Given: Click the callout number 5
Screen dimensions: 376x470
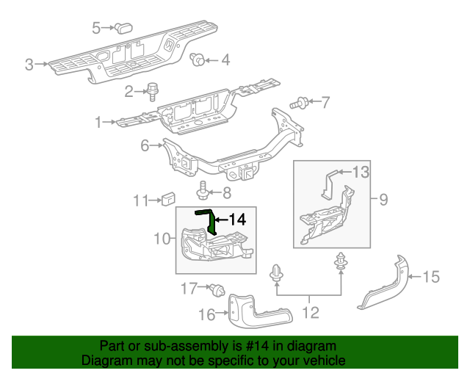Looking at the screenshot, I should pyautogui.click(x=96, y=28).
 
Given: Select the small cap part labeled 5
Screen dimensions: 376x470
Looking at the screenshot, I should pyautogui.click(x=121, y=28).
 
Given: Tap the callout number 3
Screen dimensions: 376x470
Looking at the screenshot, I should pyautogui.click(x=29, y=65).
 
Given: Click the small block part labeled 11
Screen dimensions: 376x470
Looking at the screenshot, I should pyautogui.click(x=168, y=198).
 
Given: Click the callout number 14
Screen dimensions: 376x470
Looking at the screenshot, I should pyautogui.click(x=236, y=219).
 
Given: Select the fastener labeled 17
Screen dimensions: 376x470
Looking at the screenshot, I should pyautogui.click(x=217, y=290).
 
